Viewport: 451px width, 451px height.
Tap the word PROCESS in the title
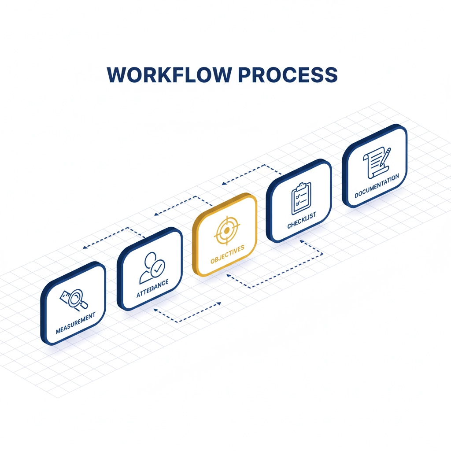click(x=288, y=75)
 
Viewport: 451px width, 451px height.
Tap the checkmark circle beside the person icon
click(x=158, y=266)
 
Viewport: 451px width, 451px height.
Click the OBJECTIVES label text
click(x=227, y=255)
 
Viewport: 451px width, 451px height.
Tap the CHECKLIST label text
click(x=302, y=222)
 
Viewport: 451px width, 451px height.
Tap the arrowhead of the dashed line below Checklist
click(x=299, y=240)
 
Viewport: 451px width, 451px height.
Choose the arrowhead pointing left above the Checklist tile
click(x=224, y=182)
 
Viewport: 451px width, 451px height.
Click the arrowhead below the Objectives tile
click(x=227, y=276)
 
